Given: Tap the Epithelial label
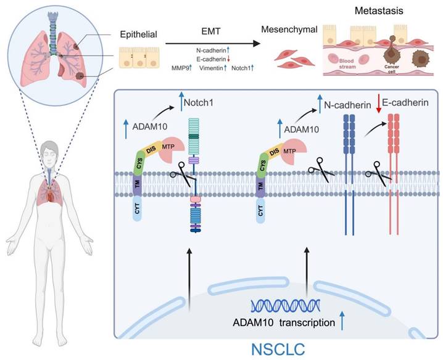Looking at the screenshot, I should (x=138, y=35).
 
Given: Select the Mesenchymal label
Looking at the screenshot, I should (x=289, y=30).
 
